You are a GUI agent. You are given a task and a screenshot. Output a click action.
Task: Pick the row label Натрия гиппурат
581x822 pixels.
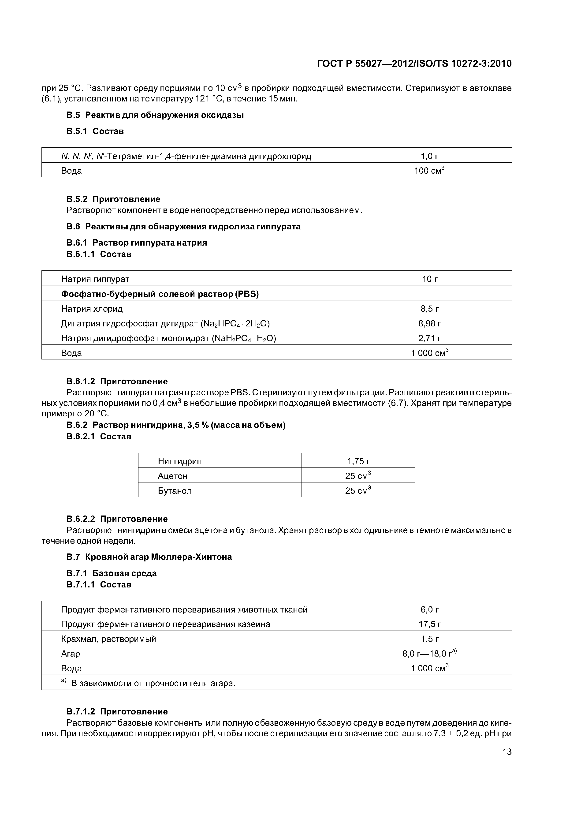(95, 279)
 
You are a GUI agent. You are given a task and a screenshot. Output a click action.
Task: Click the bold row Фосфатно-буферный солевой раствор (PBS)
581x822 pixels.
(160, 294)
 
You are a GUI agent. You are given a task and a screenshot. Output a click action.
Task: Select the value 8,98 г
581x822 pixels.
(430, 323)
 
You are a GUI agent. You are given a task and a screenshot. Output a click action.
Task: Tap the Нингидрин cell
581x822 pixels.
(180, 461)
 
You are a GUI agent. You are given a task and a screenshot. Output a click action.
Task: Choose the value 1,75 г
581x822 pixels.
(358, 461)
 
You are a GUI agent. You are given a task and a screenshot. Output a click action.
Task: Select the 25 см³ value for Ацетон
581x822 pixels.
(358, 476)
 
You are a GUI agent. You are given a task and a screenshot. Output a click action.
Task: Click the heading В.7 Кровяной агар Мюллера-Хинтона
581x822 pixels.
(149, 557)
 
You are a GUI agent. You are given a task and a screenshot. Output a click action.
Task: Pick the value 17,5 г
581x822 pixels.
(430, 624)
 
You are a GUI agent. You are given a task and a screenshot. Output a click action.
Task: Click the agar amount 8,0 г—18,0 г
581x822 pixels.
(430, 653)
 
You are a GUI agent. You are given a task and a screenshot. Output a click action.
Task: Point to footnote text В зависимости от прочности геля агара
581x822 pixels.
(153, 683)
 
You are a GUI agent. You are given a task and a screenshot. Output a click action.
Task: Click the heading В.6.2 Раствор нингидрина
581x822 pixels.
(176, 425)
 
